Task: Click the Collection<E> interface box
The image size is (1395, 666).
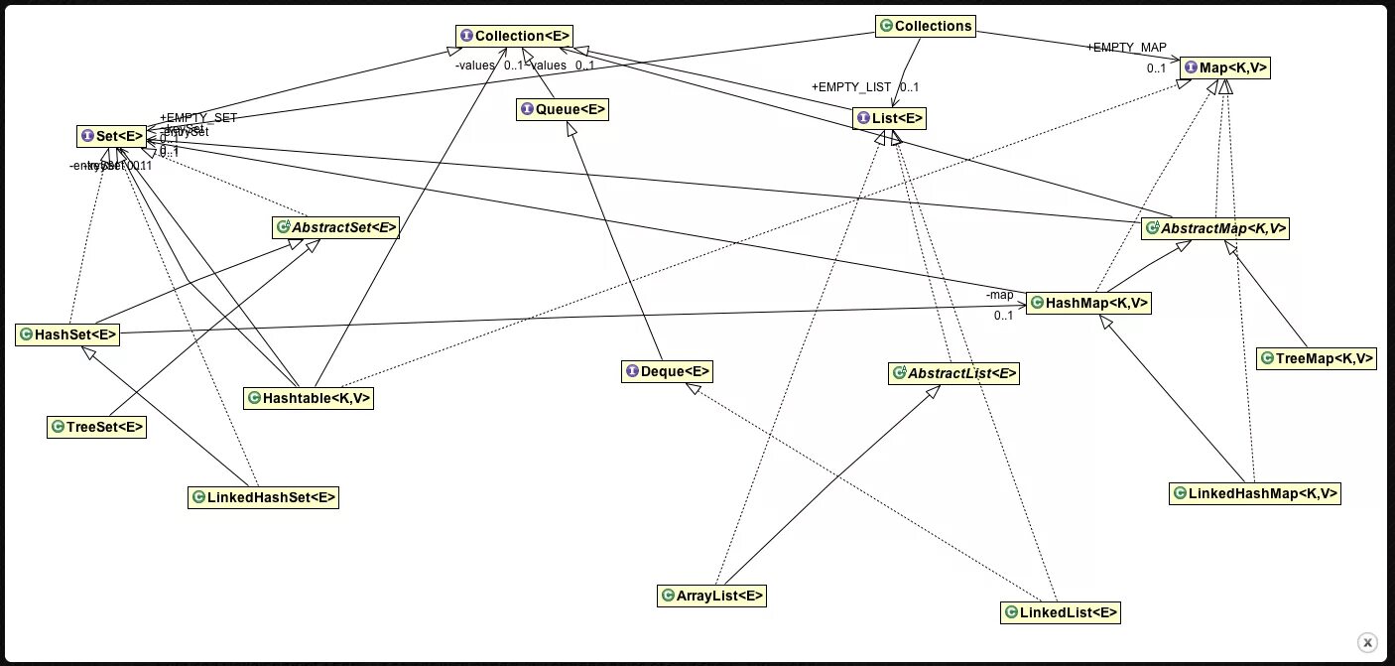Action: tap(514, 37)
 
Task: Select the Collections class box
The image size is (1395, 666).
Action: tap(925, 26)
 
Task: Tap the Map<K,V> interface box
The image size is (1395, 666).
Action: tap(1225, 67)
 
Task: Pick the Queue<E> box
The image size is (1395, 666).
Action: tap(563, 109)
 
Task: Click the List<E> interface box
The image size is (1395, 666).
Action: tap(889, 119)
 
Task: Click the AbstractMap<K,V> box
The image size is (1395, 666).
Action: tap(1215, 228)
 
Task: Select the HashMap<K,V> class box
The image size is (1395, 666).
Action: tap(1087, 304)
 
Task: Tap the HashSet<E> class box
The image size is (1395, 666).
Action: tap(67, 334)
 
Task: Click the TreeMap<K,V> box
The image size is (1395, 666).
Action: tap(1317, 358)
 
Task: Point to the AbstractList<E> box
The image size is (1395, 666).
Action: tap(954, 373)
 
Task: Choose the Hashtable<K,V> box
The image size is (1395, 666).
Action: tap(309, 398)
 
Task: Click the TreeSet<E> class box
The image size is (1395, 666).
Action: tap(97, 427)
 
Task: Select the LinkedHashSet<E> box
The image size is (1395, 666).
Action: tap(263, 497)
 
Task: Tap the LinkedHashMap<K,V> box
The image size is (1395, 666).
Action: tap(1254, 492)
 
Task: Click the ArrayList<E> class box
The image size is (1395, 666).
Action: tap(711, 596)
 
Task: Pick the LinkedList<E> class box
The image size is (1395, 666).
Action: tap(1061, 612)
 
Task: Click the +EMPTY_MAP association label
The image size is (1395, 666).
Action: tap(1126, 47)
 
